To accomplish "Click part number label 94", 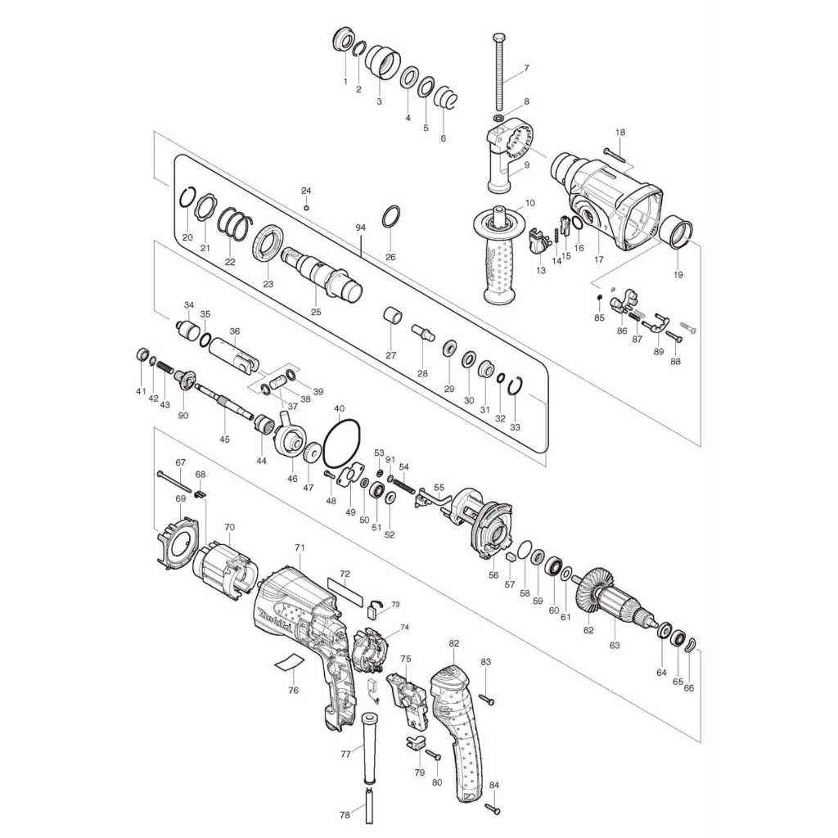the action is click(x=360, y=228).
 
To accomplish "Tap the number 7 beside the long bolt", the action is click(x=526, y=68).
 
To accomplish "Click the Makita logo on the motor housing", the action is click(x=276, y=622).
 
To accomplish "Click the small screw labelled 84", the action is click(x=493, y=809).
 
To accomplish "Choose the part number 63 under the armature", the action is click(x=615, y=645).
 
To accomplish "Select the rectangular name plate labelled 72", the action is click(x=345, y=591).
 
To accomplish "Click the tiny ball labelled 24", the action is click(x=306, y=207).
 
